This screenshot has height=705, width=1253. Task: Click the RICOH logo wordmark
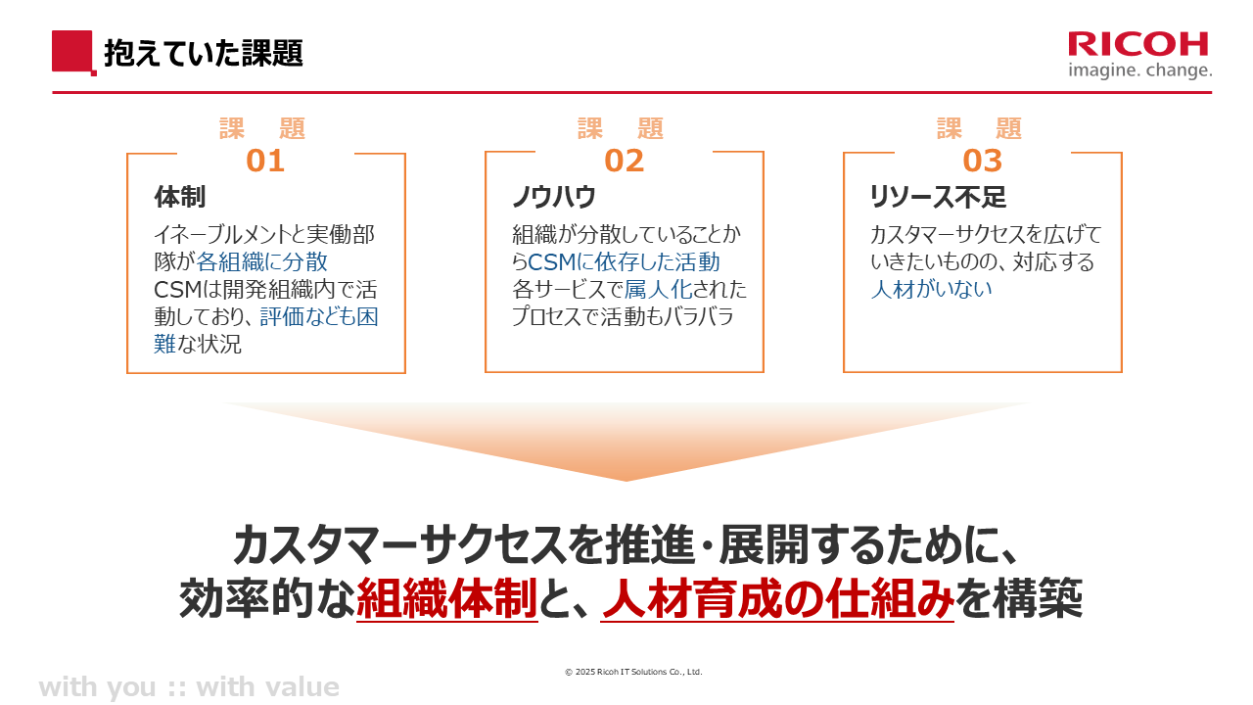(x=1137, y=44)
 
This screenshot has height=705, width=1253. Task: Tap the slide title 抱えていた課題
(x=204, y=53)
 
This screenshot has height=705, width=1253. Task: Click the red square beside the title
(x=72, y=52)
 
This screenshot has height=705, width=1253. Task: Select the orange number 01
(x=265, y=161)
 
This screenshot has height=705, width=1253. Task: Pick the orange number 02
(x=625, y=161)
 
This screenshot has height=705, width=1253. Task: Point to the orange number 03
(x=982, y=161)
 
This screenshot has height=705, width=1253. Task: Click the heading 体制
(x=180, y=197)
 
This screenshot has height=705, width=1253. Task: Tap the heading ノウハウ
(x=554, y=197)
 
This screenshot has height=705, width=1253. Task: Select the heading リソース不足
(x=938, y=197)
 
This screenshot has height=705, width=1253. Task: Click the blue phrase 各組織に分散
(x=261, y=261)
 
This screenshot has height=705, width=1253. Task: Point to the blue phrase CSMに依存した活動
(x=624, y=261)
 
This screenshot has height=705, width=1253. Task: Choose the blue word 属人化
(x=659, y=289)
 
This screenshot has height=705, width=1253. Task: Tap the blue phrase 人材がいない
(x=931, y=289)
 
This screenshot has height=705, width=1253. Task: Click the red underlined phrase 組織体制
(x=447, y=598)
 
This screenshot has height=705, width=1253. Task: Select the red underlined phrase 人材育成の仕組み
(x=777, y=598)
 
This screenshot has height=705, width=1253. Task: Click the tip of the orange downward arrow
(x=626, y=481)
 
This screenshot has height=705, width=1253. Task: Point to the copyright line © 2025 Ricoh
(x=633, y=672)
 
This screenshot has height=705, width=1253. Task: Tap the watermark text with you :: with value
(x=189, y=687)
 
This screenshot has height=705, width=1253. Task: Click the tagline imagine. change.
(x=1140, y=70)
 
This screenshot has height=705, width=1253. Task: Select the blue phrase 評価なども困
(x=319, y=316)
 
